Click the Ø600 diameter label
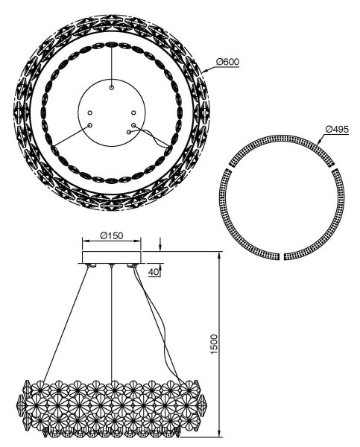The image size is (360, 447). pos(227,62)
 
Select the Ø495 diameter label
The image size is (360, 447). pos(337,130)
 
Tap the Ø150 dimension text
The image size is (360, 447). pos(112,235)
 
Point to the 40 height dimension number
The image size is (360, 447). pos(154,272)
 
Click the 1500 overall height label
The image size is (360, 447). pos(214,344)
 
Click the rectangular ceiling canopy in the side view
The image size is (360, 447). pos(112,257)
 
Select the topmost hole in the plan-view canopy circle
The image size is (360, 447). pos(112,87)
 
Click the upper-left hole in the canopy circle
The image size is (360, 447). pos(90,113)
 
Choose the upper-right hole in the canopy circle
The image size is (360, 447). pos(133,113)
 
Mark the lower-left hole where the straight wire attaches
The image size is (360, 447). pos(90,125)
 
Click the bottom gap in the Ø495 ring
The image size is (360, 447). pos(281,256)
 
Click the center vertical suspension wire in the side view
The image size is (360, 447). pos(112,323)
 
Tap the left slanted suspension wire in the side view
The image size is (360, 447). pos(66,324)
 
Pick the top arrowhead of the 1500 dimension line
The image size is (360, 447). pos(219,256)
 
